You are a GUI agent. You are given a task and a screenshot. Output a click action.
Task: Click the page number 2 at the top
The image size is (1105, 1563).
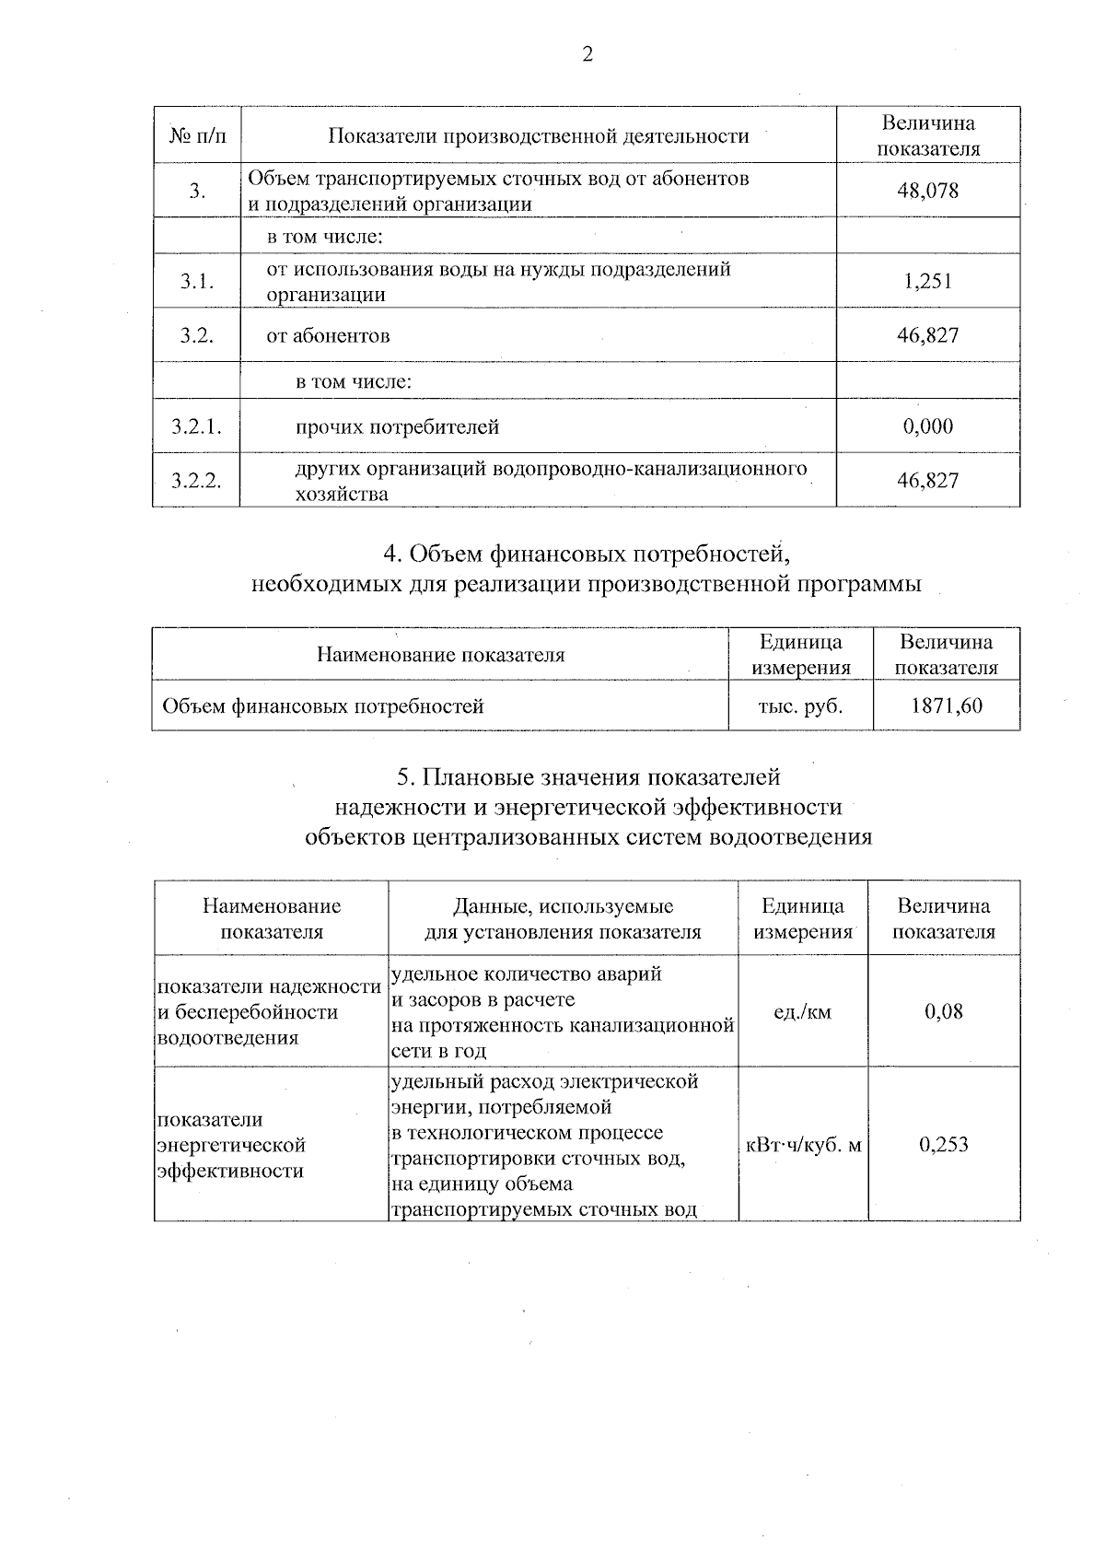[x=587, y=54]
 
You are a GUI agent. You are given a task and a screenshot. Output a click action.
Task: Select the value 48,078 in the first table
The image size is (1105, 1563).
[x=927, y=191]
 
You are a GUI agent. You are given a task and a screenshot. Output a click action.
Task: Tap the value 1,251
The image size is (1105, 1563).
[x=927, y=281]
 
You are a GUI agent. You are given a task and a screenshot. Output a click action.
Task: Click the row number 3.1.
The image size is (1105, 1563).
[x=197, y=282]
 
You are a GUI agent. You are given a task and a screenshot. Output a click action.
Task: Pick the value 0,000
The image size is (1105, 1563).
[x=927, y=426]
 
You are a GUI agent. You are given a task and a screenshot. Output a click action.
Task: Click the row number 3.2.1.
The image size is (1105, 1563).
[x=197, y=426]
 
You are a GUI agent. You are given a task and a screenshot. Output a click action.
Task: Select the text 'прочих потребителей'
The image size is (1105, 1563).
[x=397, y=426]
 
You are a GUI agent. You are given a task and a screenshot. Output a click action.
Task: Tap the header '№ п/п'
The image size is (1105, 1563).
[x=197, y=136]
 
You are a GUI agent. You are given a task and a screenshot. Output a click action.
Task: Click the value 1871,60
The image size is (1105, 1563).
[x=946, y=706]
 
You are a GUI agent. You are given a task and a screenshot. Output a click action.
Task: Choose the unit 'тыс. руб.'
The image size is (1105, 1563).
[x=800, y=706]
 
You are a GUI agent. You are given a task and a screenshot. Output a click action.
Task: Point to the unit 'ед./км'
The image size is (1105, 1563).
[x=802, y=1012]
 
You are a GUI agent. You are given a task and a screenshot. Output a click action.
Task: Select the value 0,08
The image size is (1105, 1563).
[x=944, y=1012]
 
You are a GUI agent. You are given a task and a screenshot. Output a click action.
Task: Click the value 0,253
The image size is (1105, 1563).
[x=944, y=1145]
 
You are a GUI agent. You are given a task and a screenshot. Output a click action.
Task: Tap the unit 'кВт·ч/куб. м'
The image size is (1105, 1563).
[x=803, y=1145]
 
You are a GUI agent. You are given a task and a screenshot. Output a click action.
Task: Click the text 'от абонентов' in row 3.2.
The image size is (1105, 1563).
[x=328, y=335]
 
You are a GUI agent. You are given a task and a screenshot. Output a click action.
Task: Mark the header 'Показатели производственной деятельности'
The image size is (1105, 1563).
[x=539, y=136]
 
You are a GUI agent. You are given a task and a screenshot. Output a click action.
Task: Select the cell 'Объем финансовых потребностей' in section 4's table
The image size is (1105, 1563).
[x=323, y=706]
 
